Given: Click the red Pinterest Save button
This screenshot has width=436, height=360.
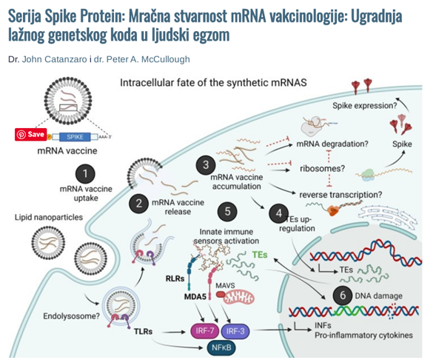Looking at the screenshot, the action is tap(31, 135).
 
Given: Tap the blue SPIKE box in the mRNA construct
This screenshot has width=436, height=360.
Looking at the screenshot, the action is tap(75, 137).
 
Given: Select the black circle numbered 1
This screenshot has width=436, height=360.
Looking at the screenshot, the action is tap(85, 174).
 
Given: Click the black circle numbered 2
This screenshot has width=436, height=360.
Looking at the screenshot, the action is tap(138, 204).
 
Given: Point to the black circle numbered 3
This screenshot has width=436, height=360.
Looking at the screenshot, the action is tap(206, 164).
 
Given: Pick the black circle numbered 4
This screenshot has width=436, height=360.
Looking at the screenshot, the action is tap(279, 213).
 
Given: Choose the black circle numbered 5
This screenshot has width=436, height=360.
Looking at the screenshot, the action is tap(227, 211).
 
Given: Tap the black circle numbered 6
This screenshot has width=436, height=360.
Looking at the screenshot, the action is tap(343, 295).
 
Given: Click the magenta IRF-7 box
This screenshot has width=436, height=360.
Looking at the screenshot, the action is tap(204, 331).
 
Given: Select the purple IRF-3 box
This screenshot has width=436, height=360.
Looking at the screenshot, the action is tap(235, 331).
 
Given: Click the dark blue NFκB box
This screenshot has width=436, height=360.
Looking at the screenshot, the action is tap(221, 347).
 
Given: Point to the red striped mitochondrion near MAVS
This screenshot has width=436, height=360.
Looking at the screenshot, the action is tap(239, 298).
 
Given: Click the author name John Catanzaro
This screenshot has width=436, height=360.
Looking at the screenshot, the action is tap(55, 59).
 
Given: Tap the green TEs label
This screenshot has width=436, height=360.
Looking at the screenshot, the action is tap(260, 255).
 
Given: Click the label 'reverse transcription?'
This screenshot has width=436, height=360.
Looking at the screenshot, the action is tap(341, 195).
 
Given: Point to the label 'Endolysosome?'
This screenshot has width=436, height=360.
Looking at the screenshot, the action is tap(71, 316).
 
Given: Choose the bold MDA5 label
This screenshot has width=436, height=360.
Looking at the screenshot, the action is tap(195, 297).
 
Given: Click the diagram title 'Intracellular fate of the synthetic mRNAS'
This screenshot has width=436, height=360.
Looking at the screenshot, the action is tap(213, 83).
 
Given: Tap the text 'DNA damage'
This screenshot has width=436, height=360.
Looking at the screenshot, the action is tap(378, 296).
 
